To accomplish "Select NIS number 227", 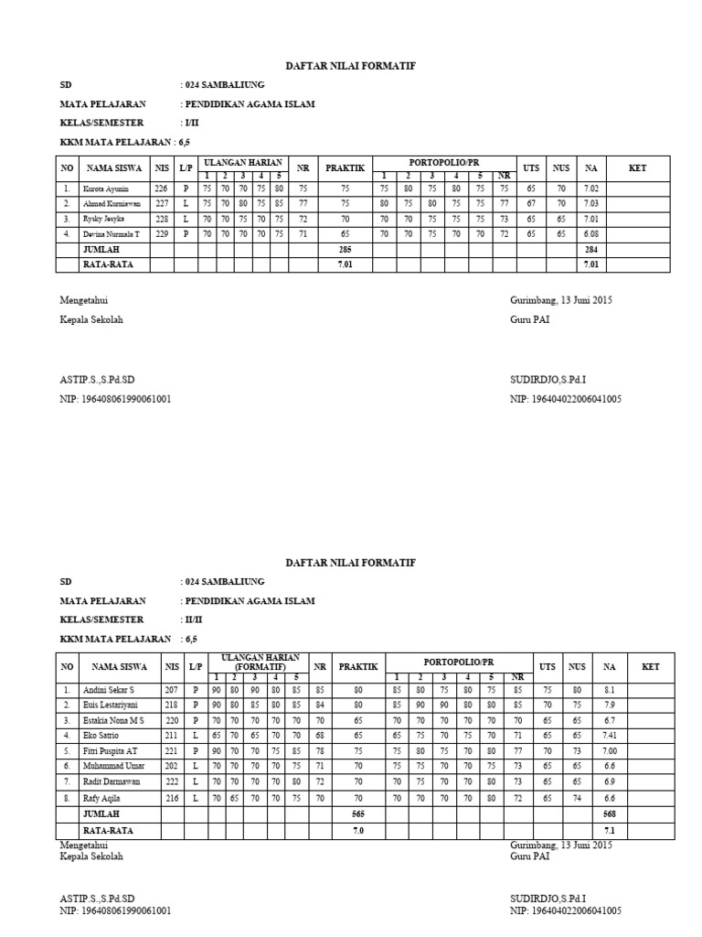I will click(x=162, y=204).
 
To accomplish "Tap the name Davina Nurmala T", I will click(x=112, y=235).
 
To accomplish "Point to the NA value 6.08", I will click(x=591, y=235).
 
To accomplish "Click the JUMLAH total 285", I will click(x=346, y=250).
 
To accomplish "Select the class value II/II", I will click(x=192, y=619).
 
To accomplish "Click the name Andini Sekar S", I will click(x=109, y=689).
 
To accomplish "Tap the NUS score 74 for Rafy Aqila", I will click(x=577, y=797).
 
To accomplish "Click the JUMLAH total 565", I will click(x=358, y=813).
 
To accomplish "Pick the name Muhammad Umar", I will click(x=111, y=766).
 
